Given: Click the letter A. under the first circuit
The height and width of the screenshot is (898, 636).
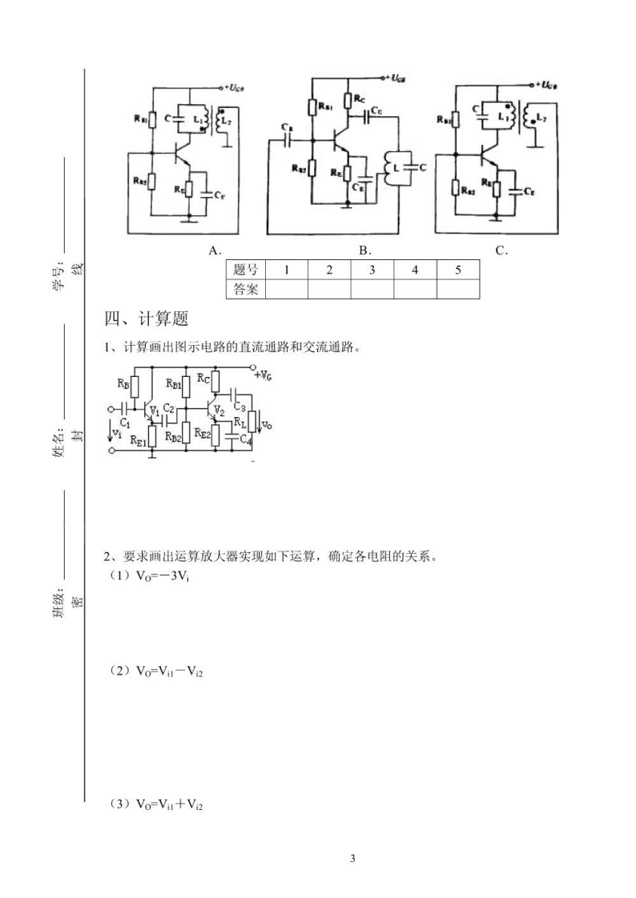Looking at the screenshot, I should [x=215, y=251].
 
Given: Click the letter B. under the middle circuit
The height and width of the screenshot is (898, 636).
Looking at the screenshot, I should [x=364, y=251].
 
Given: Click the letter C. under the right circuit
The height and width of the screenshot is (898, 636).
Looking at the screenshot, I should [x=502, y=251].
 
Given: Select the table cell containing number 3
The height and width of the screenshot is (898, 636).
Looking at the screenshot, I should [x=372, y=270].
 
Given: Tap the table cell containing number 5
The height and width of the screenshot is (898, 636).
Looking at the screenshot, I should [x=458, y=270].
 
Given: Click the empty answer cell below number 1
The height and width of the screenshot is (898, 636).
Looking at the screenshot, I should [x=286, y=289].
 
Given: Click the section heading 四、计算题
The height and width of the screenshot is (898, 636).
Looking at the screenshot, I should [x=147, y=319].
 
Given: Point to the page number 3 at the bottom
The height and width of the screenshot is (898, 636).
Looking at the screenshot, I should [x=352, y=859].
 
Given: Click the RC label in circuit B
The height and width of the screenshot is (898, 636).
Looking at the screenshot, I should [x=359, y=98].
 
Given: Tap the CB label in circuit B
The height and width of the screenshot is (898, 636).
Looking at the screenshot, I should [x=287, y=127].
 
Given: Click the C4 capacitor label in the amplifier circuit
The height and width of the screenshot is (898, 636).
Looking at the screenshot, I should [x=247, y=439].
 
